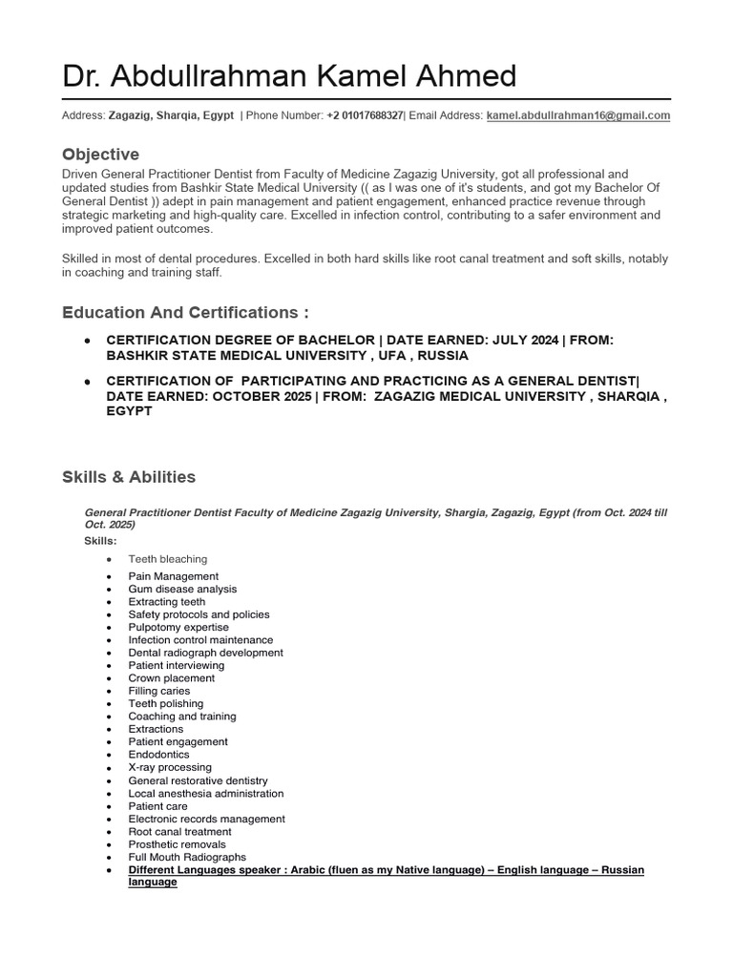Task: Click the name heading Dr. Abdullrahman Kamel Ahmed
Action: tap(289, 76)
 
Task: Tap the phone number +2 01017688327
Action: tap(365, 115)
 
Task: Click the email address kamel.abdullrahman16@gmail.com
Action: tap(577, 115)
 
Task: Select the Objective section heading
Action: tap(100, 155)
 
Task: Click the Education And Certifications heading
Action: tap(186, 313)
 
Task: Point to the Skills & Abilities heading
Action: tap(129, 477)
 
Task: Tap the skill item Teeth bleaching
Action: tap(168, 559)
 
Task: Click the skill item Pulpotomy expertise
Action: tap(178, 628)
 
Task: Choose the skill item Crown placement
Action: tap(172, 678)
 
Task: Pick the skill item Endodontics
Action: tap(158, 755)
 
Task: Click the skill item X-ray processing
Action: tap(170, 767)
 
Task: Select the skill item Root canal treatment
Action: tap(180, 832)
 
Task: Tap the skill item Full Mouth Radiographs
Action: tap(187, 857)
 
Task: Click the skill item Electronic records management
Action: tap(206, 819)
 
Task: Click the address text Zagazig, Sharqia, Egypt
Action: tap(171, 115)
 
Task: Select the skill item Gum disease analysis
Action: tap(182, 590)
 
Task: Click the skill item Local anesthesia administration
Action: tap(206, 793)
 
